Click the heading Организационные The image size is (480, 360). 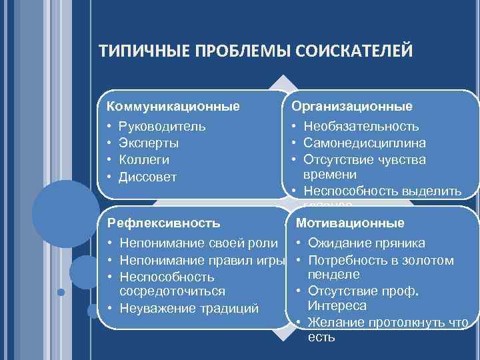(351, 106)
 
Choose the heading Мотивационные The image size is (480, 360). (349, 223)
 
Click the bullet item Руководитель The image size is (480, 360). (162, 126)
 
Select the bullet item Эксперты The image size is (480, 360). (148, 143)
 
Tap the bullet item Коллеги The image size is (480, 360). (143, 160)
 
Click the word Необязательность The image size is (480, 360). (361, 126)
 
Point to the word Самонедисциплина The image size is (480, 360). (365, 143)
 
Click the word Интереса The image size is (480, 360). (337, 306)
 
